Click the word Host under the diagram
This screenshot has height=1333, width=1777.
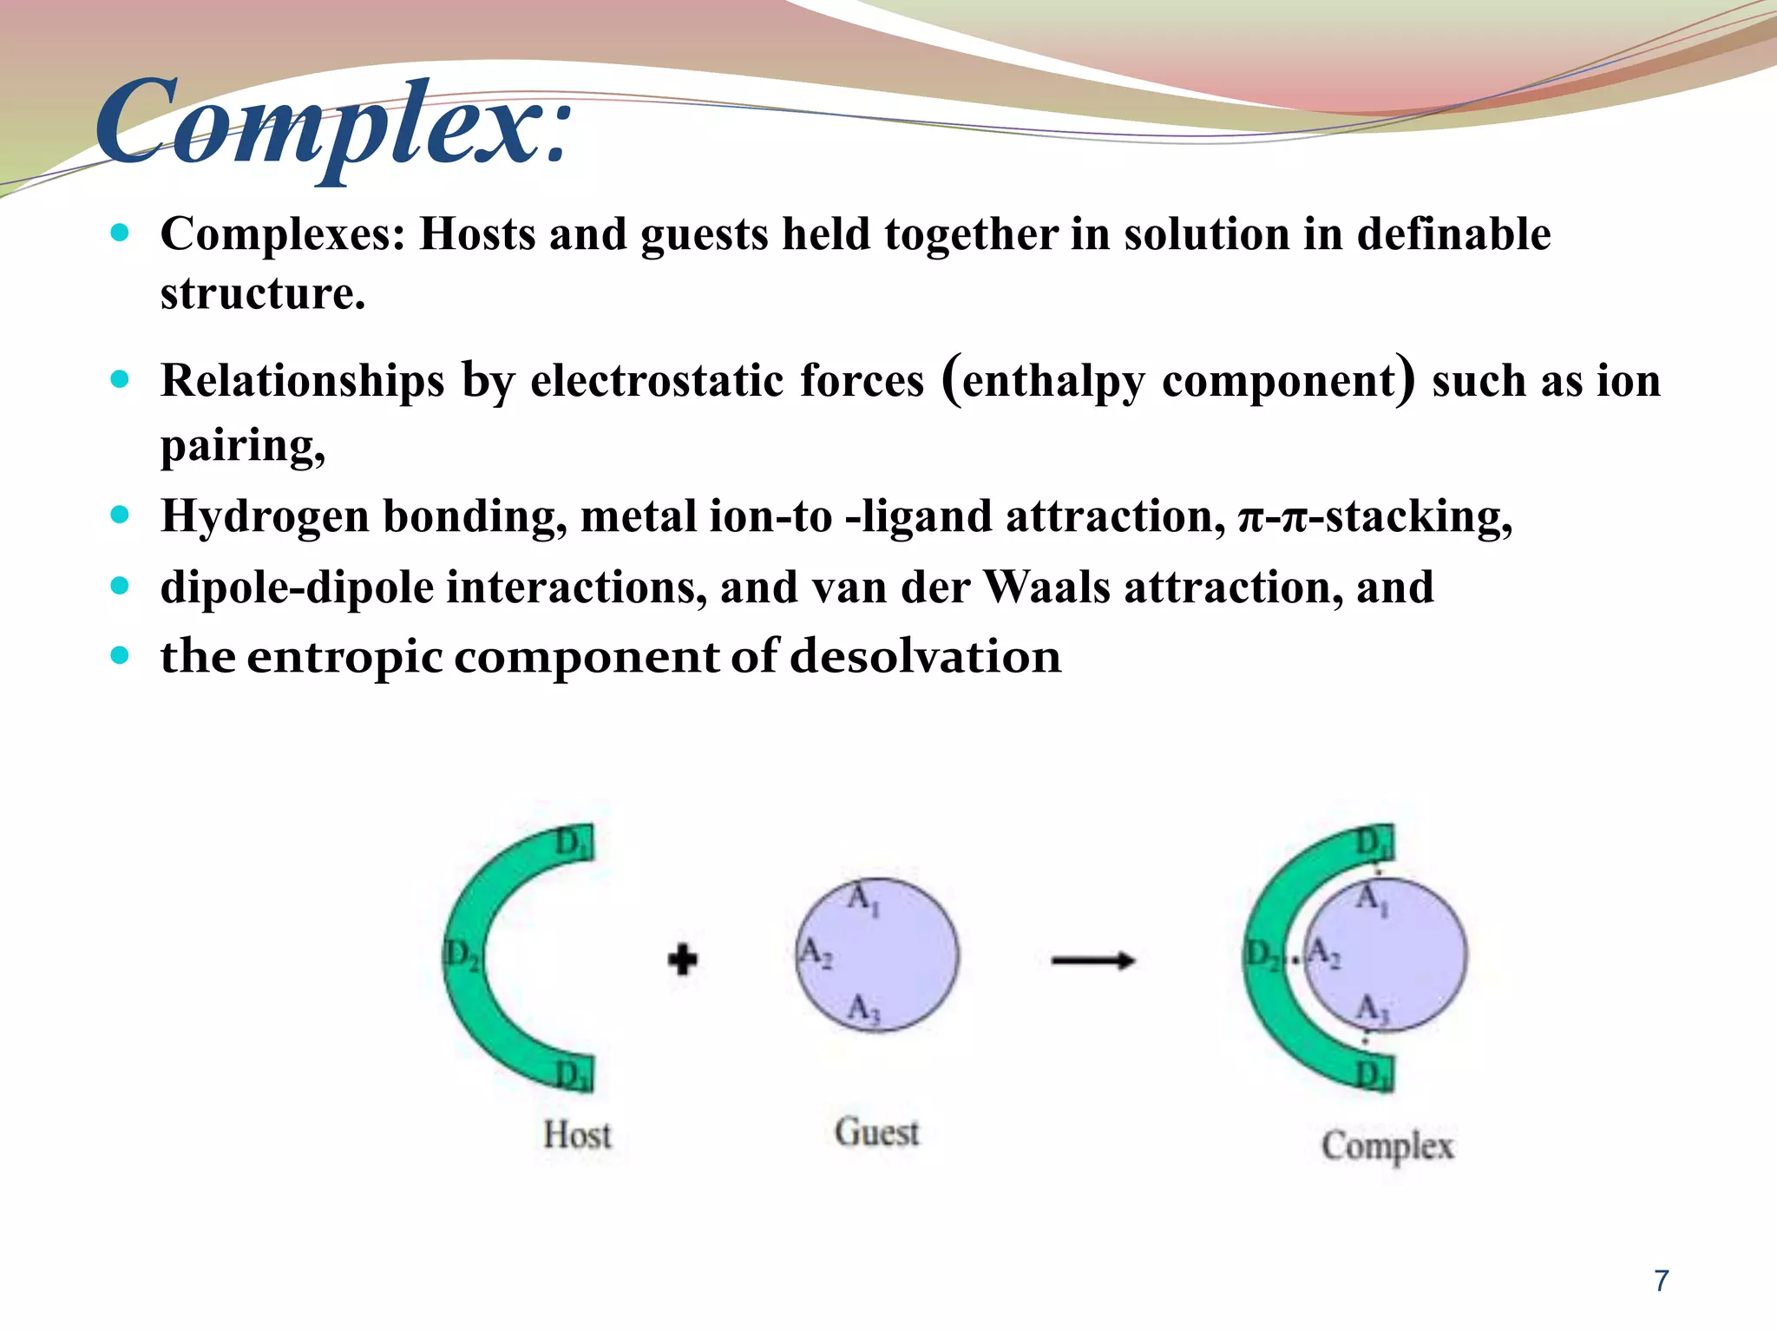click(x=577, y=1134)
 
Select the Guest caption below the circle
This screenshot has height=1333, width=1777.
click(x=876, y=1133)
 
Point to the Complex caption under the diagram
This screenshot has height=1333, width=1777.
click(x=1387, y=1146)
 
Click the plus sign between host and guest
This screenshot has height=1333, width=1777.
click(x=683, y=960)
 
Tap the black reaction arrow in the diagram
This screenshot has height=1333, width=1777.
click(x=1092, y=960)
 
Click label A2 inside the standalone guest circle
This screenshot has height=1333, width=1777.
click(x=815, y=952)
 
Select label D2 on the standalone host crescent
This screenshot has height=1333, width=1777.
click(x=462, y=955)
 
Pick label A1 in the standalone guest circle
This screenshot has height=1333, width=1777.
click(x=863, y=899)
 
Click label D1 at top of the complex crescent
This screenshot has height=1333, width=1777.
click(x=1373, y=842)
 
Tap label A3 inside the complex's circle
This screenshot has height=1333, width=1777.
click(x=1372, y=1008)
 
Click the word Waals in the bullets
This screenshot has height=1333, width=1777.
click(x=1046, y=587)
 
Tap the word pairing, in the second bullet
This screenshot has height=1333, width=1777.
click(x=243, y=446)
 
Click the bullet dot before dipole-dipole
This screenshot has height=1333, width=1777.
click(x=120, y=586)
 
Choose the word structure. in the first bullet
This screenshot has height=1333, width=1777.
click(x=263, y=293)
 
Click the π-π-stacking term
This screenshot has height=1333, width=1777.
click(x=1375, y=516)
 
